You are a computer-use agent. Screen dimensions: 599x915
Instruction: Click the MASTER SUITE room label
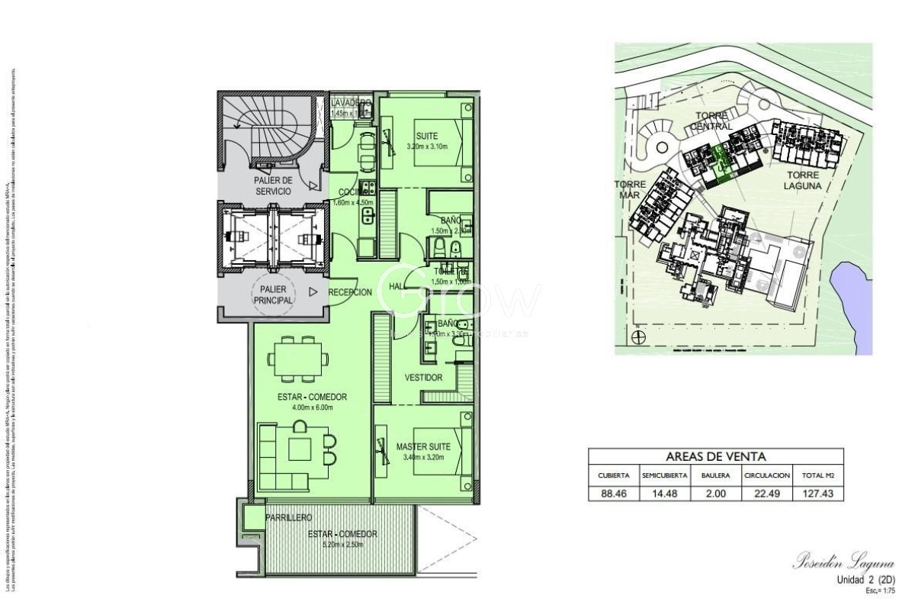point(423,446)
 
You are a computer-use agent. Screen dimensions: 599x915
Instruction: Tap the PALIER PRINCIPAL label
point(272,297)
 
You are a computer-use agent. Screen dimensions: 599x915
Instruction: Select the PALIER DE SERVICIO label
point(272,186)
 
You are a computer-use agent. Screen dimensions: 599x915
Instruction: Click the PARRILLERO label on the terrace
point(288,518)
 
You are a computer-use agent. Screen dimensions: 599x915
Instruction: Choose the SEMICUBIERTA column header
point(665,475)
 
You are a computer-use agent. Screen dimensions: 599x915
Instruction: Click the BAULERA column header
point(715,475)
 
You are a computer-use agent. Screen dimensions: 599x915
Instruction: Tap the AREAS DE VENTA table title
point(716,456)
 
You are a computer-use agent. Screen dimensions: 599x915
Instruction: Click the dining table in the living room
point(297,359)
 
